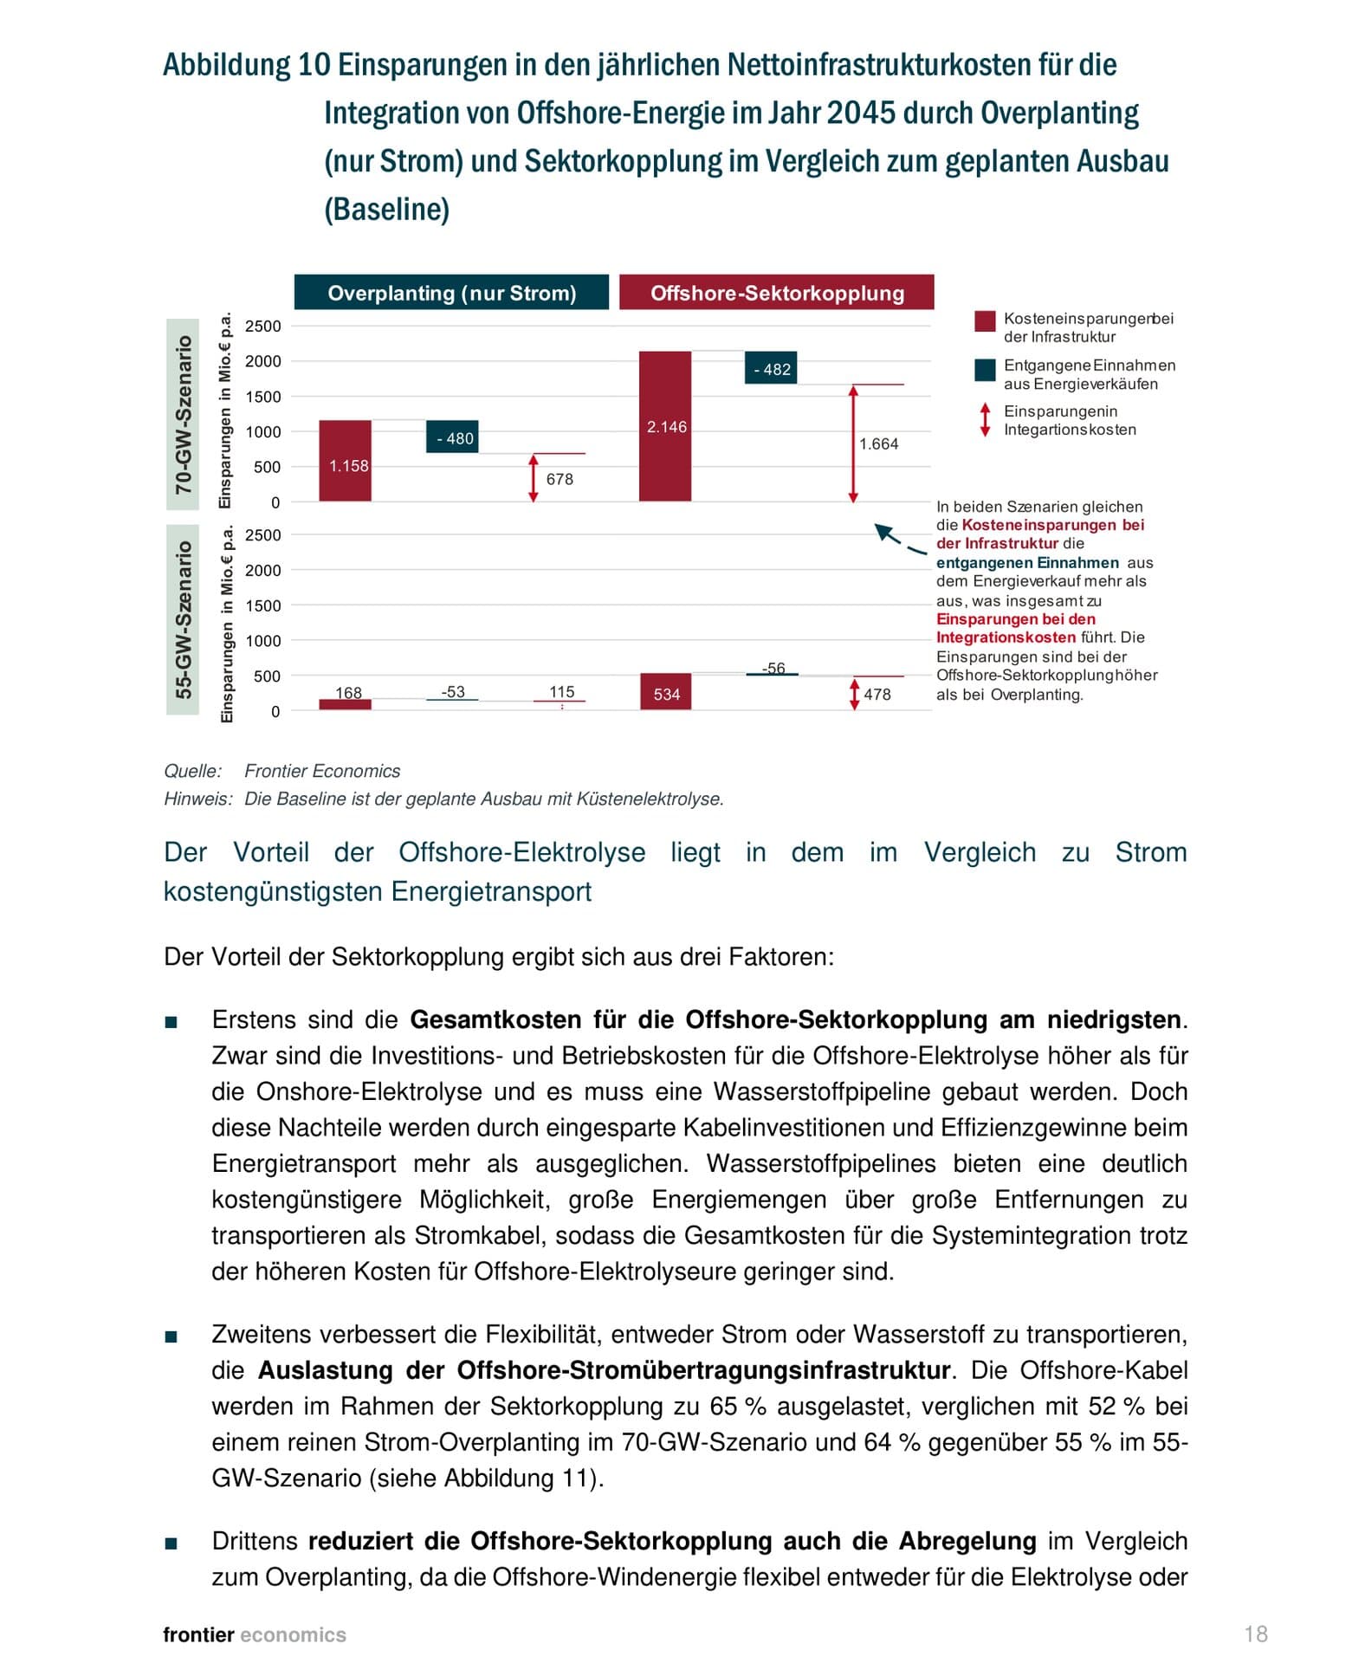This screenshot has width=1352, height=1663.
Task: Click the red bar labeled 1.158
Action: [x=345, y=461]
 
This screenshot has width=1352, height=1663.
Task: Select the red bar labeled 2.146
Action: [x=665, y=426]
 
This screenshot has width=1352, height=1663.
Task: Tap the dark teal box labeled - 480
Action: [x=452, y=437]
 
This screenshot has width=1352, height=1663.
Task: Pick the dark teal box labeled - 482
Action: [x=771, y=368]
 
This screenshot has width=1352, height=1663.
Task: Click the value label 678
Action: [x=560, y=479]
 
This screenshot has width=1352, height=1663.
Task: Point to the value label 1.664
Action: [x=878, y=444]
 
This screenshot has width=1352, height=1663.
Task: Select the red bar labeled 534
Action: [x=665, y=692]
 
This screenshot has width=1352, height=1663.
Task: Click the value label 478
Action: [x=877, y=695]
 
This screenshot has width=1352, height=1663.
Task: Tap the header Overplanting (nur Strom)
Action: [x=451, y=293]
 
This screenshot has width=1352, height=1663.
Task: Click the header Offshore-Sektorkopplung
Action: [x=777, y=293]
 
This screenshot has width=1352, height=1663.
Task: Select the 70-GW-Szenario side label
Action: [x=183, y=414]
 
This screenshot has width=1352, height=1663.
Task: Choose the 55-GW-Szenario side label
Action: [x=183, y=619]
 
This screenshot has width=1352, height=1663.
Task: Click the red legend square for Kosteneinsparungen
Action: [x=985, y=321]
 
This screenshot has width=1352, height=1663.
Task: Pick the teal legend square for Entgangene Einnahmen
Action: [x=985, y=370]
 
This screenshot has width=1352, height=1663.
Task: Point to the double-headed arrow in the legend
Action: [x=985, y=419]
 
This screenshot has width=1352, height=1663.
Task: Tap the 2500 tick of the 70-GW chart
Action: [x=263, y=327]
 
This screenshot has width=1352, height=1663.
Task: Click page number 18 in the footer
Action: [x=1256, y=1634]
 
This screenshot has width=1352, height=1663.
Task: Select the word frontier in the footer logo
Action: [x=198, y=1635]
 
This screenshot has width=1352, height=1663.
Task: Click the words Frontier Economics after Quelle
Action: [x=322, y=771]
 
